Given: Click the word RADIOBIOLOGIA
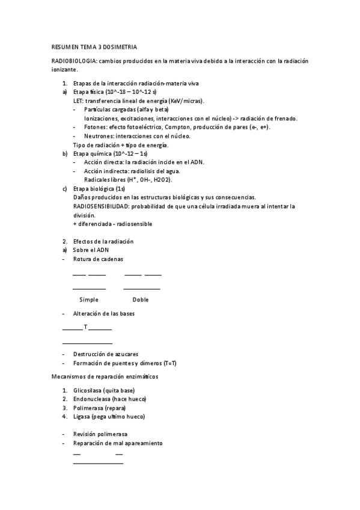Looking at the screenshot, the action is (x=74, y=61).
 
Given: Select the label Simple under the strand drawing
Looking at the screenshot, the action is (x=89, y=300).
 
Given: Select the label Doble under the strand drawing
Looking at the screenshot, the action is (x=141, y=300).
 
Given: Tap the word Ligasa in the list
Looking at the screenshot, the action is (x=82, y=416).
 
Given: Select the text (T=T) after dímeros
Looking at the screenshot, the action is (x=169, y=363).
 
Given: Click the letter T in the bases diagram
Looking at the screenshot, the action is (x=86, y=328).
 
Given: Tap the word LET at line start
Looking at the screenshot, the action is (x=78, y=101).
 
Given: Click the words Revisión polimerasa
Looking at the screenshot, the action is (x=100, y=434).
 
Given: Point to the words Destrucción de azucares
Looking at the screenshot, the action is (x=106, y=354).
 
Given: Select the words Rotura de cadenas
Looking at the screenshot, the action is (x=98, y=259).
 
